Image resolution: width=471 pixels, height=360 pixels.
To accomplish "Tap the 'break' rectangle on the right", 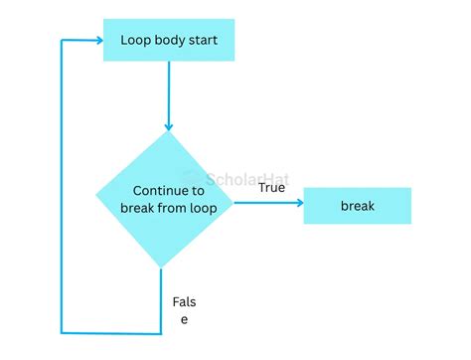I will pyautogui.click(x=357, y=205).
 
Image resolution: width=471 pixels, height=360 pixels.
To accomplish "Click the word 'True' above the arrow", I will pyautogui.click(x=272, y=187).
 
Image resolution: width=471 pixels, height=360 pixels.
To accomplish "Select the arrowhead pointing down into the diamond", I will pyautogui.click(x=167, y=126).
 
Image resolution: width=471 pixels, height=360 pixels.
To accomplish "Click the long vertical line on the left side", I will pyautogui.click(x=62, y=189).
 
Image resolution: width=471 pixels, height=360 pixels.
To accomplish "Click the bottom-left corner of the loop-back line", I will pyautogui.click(x=62, y=332).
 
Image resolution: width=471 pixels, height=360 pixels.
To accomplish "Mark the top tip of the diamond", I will pyautogui.click(x=166, y=132).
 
